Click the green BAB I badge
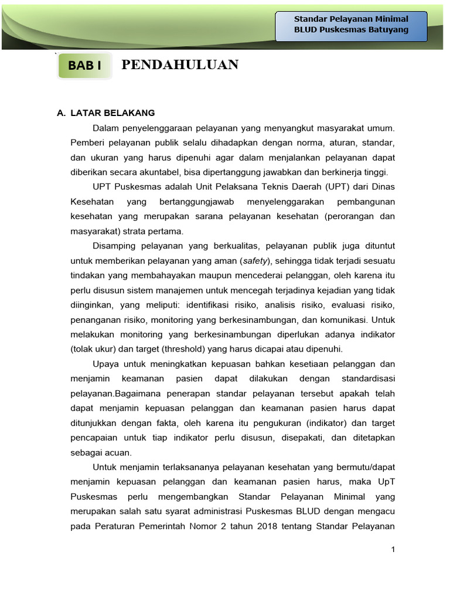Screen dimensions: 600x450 point(85,66)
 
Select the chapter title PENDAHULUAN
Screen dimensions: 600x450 point(179,65)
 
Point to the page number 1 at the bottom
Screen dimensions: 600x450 point(394,549)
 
